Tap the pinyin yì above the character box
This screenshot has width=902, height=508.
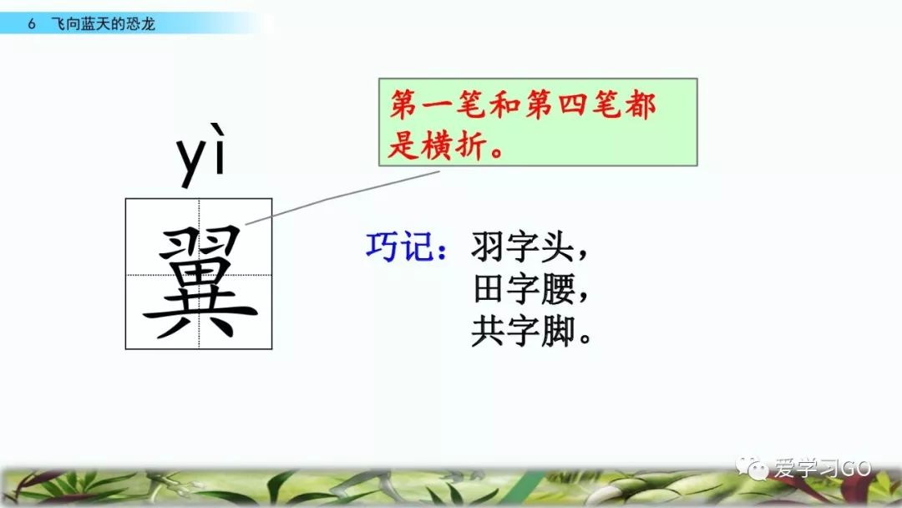pyautogui.click(x=201, y=157)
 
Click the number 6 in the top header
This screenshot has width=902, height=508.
pyautogui.click(x=31, y=24)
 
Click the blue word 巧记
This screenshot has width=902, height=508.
pyautogui.click(x=403, y=248)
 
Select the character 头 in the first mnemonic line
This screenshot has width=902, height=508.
pyautogui.click(x=555, y=247)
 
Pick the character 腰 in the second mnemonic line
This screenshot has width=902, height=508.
pyautogui.click(x=555, y=290)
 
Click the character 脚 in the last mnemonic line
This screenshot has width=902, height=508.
pyautogui.click(x=555, y=332)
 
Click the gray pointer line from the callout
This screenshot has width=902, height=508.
pyautogui.click(x=342, y=199)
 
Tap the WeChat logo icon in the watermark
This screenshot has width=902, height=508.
pyautogui.click(x=758, y=469)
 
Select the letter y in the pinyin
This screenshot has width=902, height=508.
pyautogui.click(x=191, y=163)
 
